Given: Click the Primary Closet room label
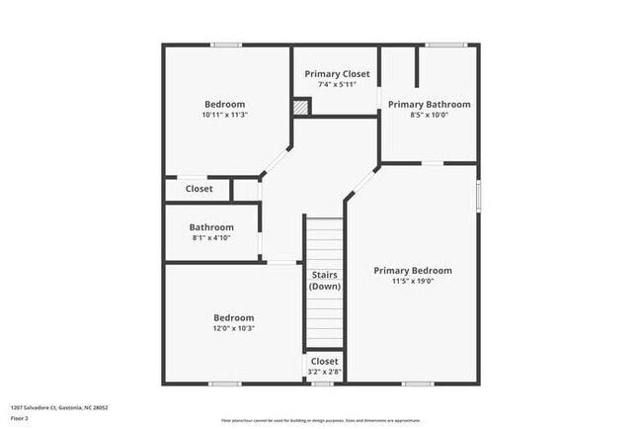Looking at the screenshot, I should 337,74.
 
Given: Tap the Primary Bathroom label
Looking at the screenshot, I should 429,104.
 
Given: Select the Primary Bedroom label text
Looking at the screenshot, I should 412,270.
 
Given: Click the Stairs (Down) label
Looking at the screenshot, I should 324,280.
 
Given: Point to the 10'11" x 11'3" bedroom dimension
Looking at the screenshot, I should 224,115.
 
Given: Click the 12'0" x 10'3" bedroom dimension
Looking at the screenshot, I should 233,328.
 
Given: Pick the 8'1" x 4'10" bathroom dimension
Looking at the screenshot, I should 210,237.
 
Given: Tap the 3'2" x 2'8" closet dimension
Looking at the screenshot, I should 324,372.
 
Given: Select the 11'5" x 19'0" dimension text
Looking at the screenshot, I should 412,281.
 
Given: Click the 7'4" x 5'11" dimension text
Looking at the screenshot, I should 337,85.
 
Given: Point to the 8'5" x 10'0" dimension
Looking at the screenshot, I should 429,115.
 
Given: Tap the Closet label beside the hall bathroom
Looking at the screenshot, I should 199,189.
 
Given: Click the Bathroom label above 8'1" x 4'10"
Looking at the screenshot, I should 211,226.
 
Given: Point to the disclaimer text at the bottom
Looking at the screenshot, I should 321,421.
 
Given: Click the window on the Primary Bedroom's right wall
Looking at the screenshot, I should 478,194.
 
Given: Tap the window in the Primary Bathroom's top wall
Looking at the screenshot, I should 445,44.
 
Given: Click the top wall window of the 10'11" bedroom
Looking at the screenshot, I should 226,44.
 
